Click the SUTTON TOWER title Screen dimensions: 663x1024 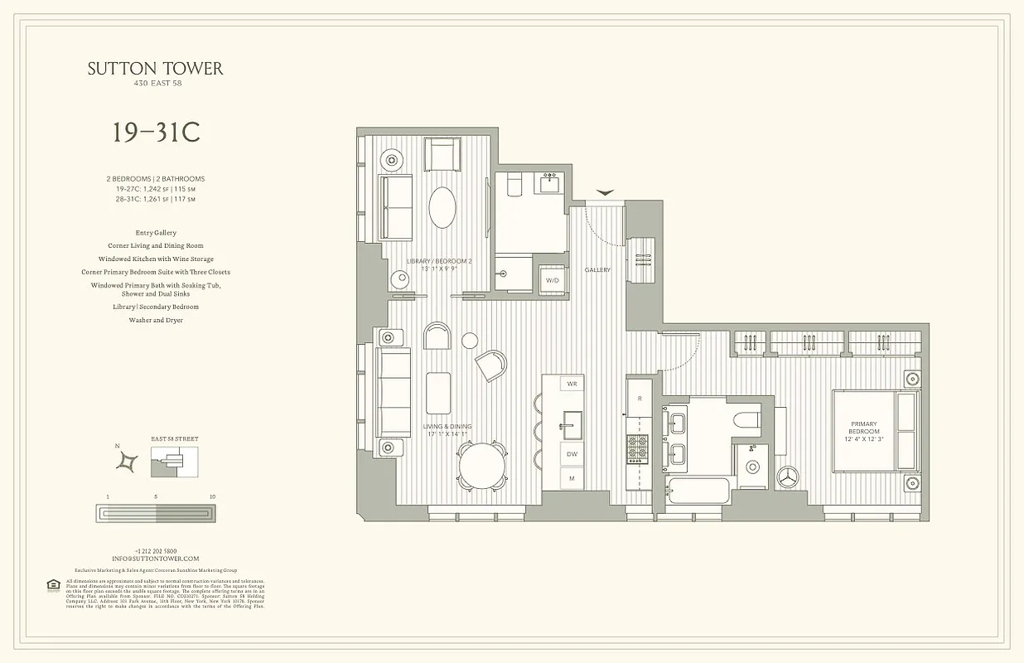(x=156, y=69)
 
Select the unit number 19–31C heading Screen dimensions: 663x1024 (x=156, y=133)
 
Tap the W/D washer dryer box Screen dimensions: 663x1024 (x=552, y=280)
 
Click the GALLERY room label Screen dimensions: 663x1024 (x=597, y=270)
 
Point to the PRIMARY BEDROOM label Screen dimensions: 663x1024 (x=863, y=432)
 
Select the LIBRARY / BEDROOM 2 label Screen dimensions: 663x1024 (x=438, y=264)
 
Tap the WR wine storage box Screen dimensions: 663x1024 (x=571, y=385)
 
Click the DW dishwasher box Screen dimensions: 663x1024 (x=571, y=454)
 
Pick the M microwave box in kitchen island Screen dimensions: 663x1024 (x=571, y=479)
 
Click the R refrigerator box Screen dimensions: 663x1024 (x=640, y=399)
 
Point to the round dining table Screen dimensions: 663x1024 (x=482, y=467)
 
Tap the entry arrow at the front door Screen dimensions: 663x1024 (x=605, y=192)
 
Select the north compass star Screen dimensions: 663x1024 (x=128, y=461)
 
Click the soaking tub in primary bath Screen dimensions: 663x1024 (x=695, y=490)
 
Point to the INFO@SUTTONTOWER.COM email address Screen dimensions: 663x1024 (x=156, y=559)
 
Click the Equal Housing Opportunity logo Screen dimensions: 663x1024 (x=53, y=585)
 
